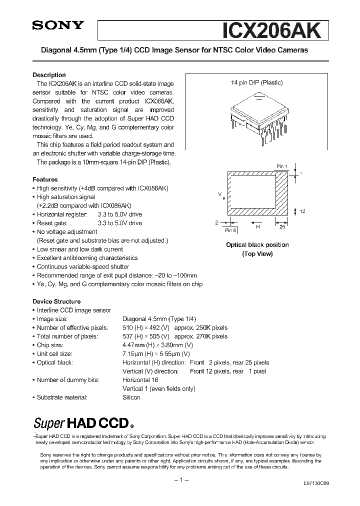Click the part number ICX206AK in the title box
point(275,31)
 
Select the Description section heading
point(49,75)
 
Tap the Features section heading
point(45,179)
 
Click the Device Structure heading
point(56,301)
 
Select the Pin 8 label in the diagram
point(230,230)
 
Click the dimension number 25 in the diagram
point(282,227)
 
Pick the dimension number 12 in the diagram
point(302,211)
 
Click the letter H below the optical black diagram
point(258,227)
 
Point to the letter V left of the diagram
point(219,192)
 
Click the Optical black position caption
point(257,245)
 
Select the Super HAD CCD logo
point(83,423)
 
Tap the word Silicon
point(131,397)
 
